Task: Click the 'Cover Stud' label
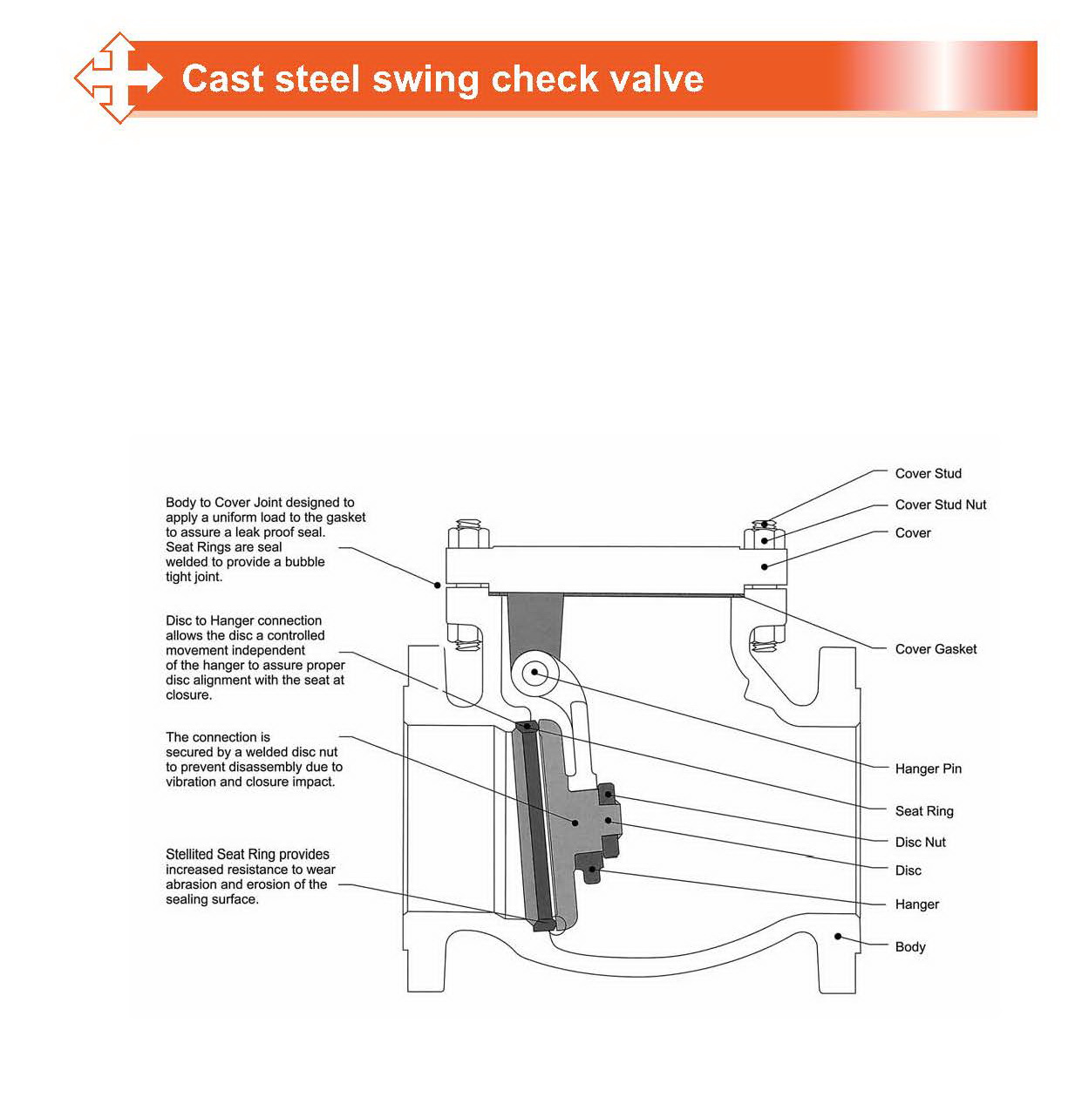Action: (x=928, y=473)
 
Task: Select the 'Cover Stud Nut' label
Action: (x=940, y=505)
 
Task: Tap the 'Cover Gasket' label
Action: (x=936, y=649)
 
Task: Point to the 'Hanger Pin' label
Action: (x=928, y=769)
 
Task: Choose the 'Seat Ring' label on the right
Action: (x=924, y=811)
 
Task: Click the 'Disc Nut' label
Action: (x=920, y=843)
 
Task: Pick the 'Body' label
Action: (x=910, y=947)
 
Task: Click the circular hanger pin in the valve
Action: (x=534, y=673)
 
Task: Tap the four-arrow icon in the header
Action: (x=118, y=78)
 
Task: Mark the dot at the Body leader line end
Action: (x=838, y=937)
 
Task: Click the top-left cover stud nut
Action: (x=468, y=534)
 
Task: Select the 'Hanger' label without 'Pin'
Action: (x=916, y=904)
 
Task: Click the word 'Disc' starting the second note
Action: (x=179, y=621)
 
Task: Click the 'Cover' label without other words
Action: (x=913, y=533)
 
